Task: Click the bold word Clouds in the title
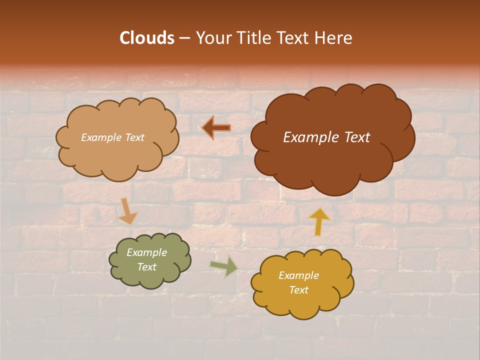(146, 38)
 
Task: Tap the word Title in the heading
(253, 38)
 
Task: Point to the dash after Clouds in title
(184, 38)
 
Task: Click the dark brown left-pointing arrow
(216, 127)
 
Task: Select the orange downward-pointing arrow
(127, 211)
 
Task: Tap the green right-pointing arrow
(224, 266)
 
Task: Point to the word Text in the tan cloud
(133, 137)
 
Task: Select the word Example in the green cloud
(147, 253)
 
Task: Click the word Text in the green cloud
(147, 267)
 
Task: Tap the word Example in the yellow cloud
(298, 275)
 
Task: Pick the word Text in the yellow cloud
(298, 290)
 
